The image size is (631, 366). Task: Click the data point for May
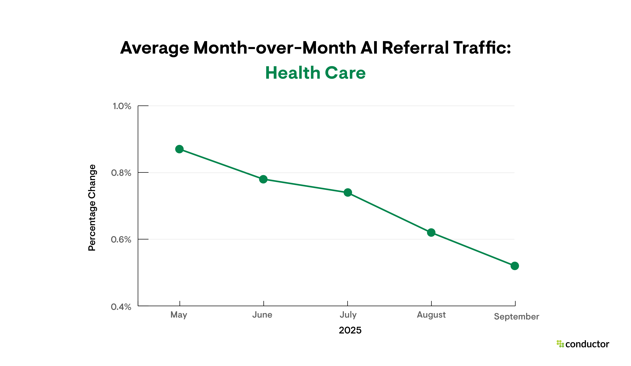click(179, 149)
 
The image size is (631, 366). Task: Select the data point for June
click(263, 179)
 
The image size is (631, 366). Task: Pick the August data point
click(431, 232)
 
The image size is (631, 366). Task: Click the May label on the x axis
click(179, 315)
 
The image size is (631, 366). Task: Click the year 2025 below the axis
click(350, 330)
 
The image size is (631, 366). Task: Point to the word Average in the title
click(154, 48)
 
